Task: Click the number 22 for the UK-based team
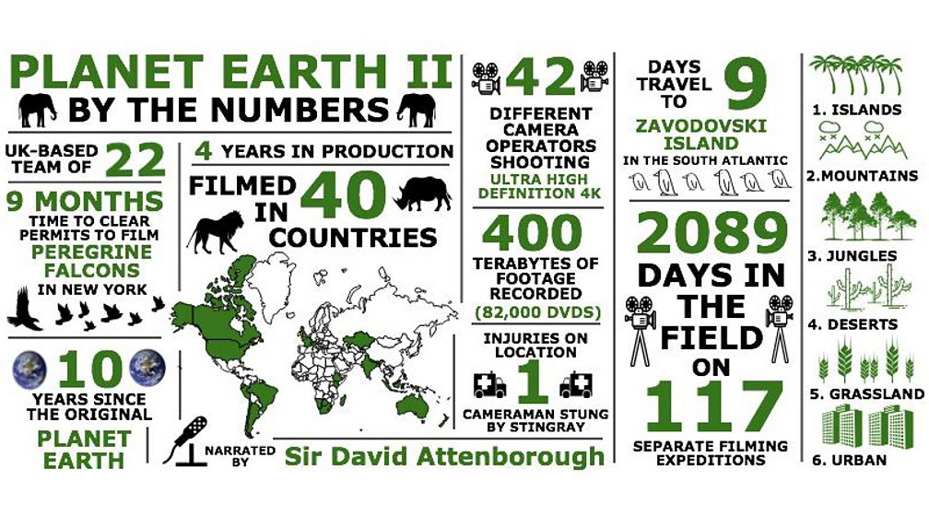135,160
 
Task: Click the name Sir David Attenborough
444,455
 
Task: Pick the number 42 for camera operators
540,78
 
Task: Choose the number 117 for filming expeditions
711,405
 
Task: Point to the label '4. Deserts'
853,323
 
